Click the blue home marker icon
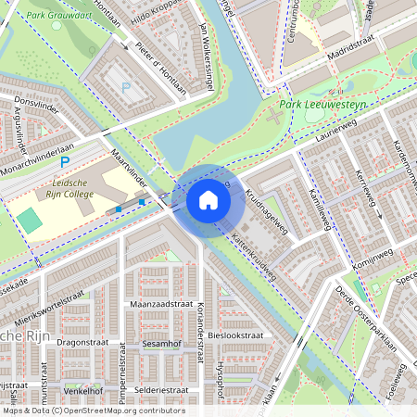[208, 200]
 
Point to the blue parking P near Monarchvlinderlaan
[65, 162]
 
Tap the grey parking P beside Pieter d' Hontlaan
[126, 87]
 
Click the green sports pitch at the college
[30, 221]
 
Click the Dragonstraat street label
[84, 342]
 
